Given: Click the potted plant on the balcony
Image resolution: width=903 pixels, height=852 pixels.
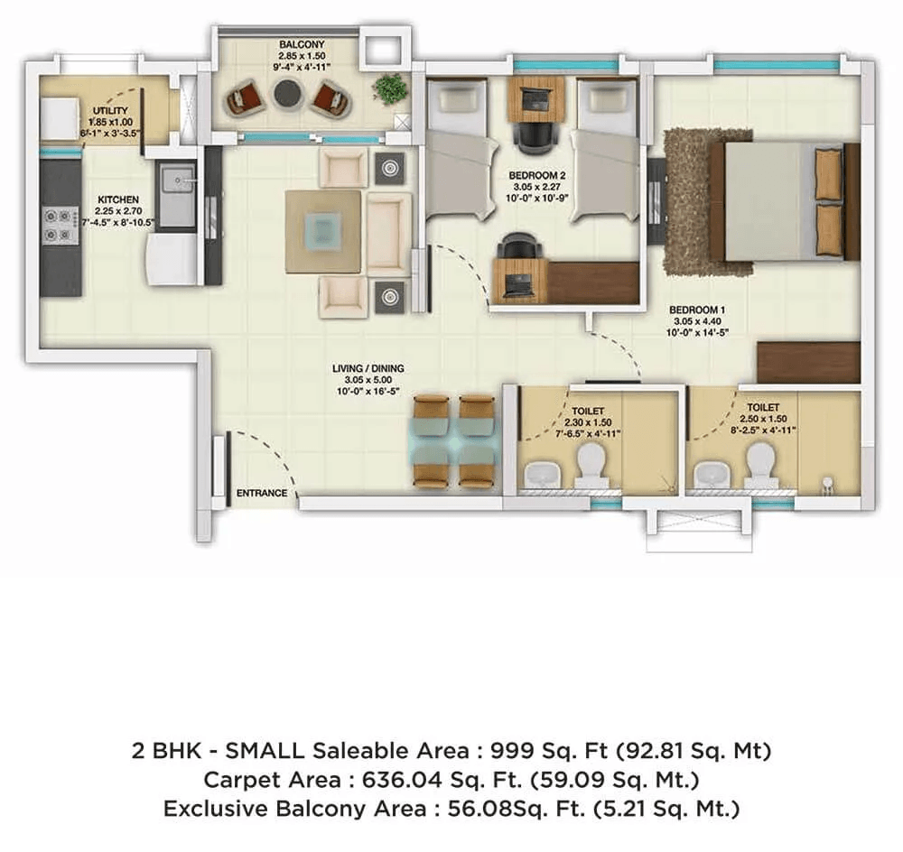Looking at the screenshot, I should [x=389, y=88].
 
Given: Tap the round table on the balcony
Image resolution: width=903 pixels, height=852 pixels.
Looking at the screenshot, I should [x=288, y=93].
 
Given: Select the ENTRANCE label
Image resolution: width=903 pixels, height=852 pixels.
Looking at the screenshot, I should [x=261, y=494].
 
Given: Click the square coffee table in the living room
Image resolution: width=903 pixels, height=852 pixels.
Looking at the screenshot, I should [x=323, y=230].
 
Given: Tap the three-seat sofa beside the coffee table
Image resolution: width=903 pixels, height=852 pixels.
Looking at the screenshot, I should [x=388, y=233].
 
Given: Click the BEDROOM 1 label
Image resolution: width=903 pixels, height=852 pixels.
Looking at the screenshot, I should [x=698, y=310].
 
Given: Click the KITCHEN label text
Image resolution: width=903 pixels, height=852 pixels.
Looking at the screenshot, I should [x=118, y=199].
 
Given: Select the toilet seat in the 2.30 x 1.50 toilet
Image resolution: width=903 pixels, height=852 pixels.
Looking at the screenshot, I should [x=589, y=466].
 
